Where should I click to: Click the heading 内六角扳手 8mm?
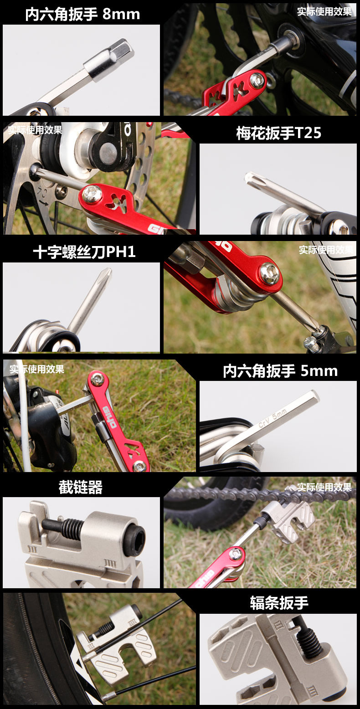point(82,14)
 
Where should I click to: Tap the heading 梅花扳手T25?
point(278,133)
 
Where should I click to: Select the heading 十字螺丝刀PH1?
point(84,252)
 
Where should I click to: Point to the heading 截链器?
point(81,487)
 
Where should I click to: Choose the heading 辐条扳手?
point(279,603)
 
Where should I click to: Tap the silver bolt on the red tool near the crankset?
point(257,80)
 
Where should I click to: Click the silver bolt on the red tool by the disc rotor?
point(92,195)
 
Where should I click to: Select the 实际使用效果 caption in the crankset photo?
point(324,11)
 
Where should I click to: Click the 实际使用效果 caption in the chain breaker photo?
point(324,487)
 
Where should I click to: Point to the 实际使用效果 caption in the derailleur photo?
point(37,369)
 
